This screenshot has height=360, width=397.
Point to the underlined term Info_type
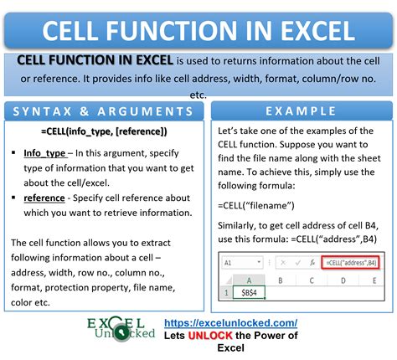46,153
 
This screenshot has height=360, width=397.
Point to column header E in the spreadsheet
374,280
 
